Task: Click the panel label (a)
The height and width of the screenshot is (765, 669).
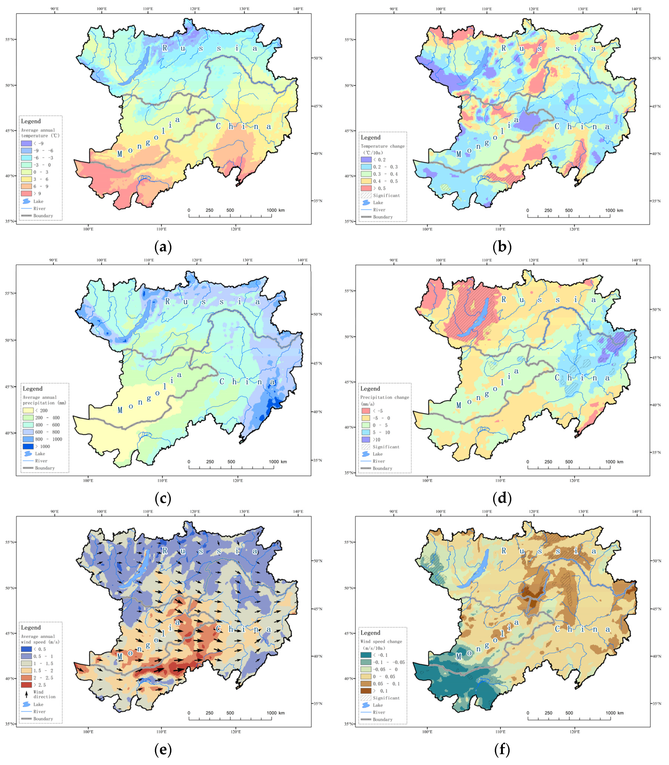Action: pyautogui.click(x=163, y=247)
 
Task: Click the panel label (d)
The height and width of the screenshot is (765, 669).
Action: pyautogui.click(x=502, y=498)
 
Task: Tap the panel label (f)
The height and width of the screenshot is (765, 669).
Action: pyautogui.click(x=502, y=750)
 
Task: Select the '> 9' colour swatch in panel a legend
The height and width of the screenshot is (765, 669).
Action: pyautogui.click(x=27, y=193)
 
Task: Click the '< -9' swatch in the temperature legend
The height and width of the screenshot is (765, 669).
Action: pyautogui.click(x=27, y=143)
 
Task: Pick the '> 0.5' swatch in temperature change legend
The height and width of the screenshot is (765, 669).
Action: pyautogui.click(x=366, y=188)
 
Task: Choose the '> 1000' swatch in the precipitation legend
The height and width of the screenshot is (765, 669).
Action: pyautogui.click(x=28, y=446)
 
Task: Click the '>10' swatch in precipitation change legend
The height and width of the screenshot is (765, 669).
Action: pyautogui.click(x=366, y=440)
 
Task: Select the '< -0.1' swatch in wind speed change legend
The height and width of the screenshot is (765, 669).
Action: pyautogui.click(x=366, y=655)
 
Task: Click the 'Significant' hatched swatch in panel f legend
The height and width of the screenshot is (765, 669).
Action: pyautogui.click(x=366, y=698)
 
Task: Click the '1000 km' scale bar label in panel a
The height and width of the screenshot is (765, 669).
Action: pyautogui.click(x=276, y=210)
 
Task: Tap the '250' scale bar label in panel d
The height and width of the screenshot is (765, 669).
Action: pyautogui.click(x=548, y=462)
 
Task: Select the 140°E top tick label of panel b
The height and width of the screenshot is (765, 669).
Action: pyautogui.click(x=637, y=9)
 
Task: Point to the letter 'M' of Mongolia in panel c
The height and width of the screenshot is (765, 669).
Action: pyautogui.click(x=120, y=411)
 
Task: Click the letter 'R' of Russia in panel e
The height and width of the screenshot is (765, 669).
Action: pyautogui.click(x=165, y=551)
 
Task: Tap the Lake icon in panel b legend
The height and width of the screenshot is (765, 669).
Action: pyautogui.click(x=366, y=203)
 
